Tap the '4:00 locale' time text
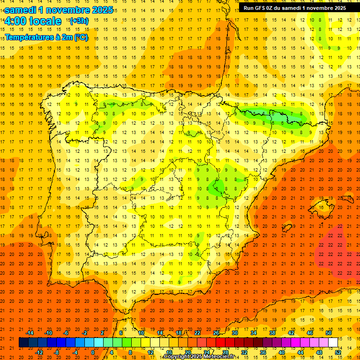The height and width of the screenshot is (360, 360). point(33,21)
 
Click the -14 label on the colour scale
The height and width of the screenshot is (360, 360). point(30,333)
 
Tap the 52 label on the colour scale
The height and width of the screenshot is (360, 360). point(338,352)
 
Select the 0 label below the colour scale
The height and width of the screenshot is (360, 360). point(93,352)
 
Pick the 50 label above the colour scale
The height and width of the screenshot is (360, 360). point(329,333)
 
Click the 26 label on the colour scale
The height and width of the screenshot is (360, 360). point(216,333)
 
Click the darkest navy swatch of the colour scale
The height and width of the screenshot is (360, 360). point(23,343)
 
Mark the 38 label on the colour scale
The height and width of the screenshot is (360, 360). point(272,333)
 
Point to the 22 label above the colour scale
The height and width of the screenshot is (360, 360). point(197,333)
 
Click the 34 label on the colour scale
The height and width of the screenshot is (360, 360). point(254,333)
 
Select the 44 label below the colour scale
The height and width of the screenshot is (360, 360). point(300,352)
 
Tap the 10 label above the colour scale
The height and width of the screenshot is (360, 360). point(141,333)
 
